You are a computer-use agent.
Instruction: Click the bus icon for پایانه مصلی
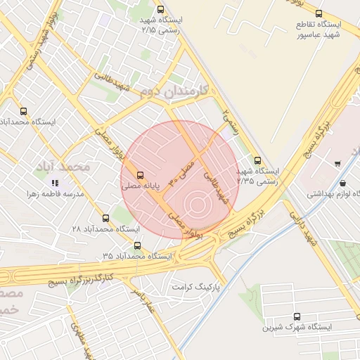pos(141,174)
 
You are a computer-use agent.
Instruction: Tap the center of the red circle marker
pos(198,205)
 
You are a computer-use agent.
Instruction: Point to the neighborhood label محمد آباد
pos(64,167)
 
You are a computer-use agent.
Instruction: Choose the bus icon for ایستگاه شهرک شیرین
pos(296,316)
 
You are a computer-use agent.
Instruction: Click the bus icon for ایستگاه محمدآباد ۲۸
pos(106,218)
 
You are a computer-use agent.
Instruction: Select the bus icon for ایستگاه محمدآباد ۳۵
pos(137,246)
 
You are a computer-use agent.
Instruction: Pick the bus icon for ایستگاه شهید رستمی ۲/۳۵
pos(257,160)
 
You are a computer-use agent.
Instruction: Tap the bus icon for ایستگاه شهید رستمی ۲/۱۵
pos(161,10)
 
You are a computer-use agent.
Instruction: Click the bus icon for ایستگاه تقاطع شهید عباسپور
pos(319,13)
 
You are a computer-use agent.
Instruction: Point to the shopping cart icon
pos(337,164)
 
